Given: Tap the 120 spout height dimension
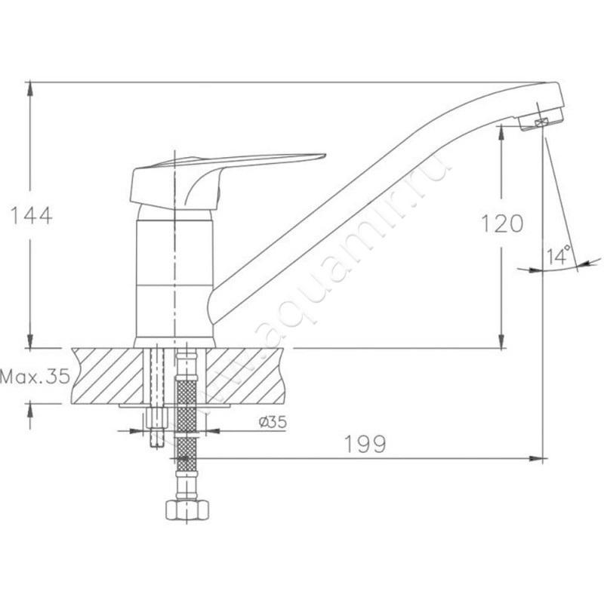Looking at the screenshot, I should click(x=501, y=224).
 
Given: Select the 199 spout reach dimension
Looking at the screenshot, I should click(x=367, y=444).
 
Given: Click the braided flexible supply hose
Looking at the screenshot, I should click(x=186, y=423).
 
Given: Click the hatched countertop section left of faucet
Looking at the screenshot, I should click(x=106, y=375).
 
